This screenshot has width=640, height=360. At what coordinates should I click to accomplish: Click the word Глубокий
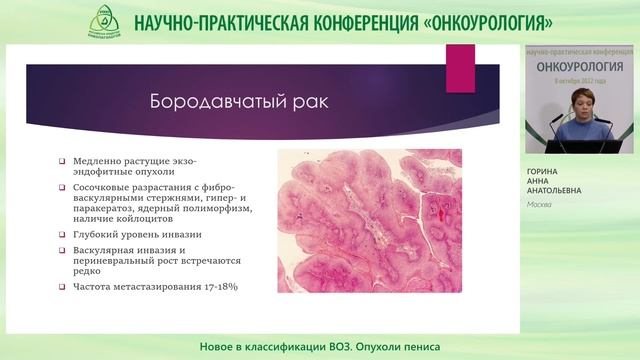point(96,236)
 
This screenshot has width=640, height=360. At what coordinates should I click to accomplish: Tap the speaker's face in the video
point(581,103)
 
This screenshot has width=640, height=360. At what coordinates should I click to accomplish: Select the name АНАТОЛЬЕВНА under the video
point(557,192)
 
